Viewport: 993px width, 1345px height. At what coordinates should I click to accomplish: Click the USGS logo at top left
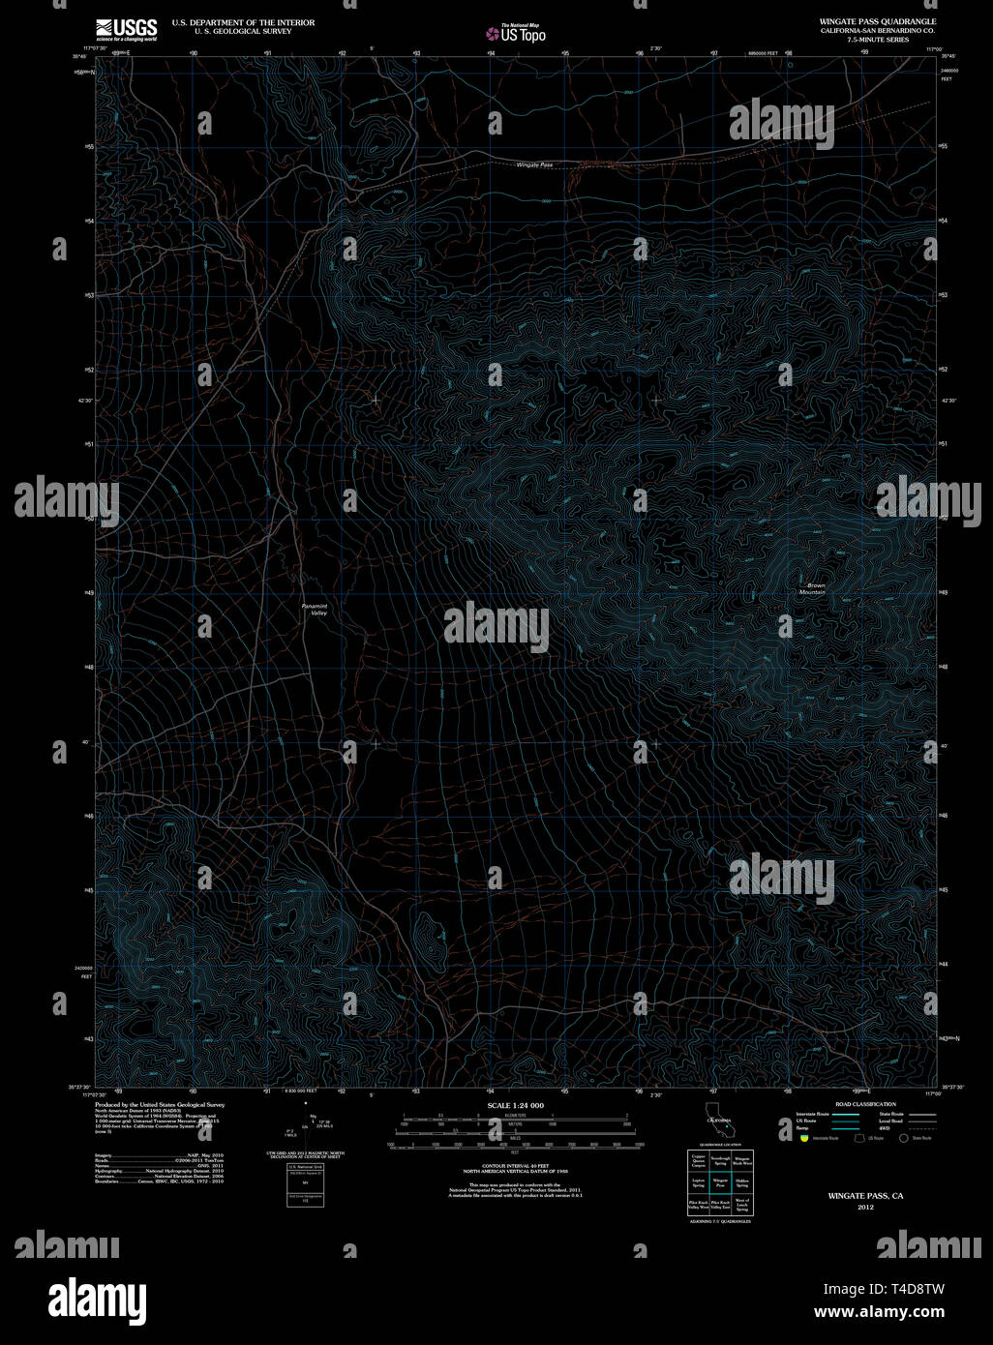point(126,29)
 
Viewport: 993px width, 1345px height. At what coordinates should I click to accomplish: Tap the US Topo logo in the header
point(517,34)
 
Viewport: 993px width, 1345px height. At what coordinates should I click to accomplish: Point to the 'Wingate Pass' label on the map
point(534,165)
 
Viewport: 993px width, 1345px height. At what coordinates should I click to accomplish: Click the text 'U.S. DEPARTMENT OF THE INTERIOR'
point(243,22)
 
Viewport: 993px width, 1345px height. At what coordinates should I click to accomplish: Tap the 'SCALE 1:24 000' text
point(515,1105)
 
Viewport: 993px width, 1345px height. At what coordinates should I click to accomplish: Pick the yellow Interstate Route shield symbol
point(803,1138)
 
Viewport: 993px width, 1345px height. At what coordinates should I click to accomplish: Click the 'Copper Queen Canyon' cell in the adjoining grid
point(698,1158)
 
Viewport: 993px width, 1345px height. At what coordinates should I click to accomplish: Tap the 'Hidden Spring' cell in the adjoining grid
point(741,1182)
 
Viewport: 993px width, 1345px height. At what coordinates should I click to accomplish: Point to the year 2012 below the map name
point(864,1207)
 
